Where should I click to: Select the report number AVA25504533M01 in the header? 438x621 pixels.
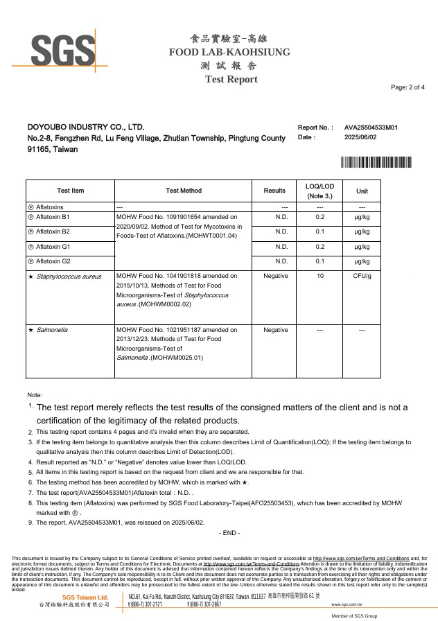click(371, 128)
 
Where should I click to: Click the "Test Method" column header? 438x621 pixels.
click(184, 191)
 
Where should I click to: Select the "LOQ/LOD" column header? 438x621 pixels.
click(319, 186)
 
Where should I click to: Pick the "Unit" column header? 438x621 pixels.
click(362, 191)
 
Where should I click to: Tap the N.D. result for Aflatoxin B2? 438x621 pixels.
click(281, 231)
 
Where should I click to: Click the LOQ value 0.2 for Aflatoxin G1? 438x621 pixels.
click(319, 247)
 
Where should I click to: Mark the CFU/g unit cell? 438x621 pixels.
click(362, 277)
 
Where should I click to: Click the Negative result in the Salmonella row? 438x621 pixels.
click(276, 330)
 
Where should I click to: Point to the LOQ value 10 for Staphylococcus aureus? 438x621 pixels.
click(319, 277)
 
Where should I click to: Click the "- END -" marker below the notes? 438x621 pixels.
click(229, 532)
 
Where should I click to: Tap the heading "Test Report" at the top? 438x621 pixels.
click(231, 79)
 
